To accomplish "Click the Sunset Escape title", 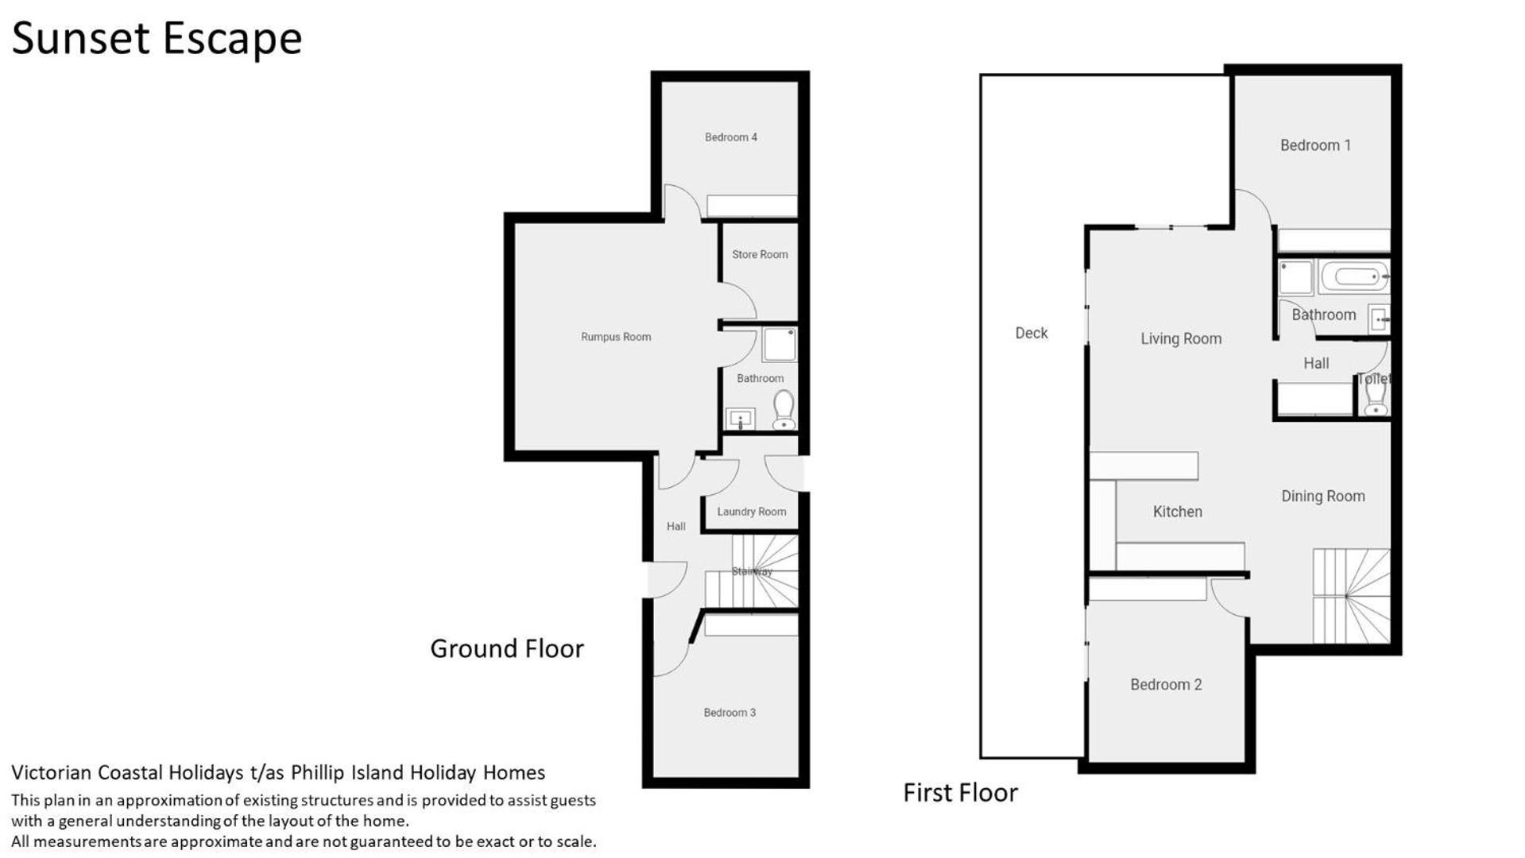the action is tap(157, 38).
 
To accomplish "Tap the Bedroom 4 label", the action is tap(730, 137).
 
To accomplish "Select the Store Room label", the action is tap(760, 254).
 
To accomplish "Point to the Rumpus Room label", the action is tap(616, 337).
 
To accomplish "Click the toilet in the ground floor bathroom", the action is tap(784, 410).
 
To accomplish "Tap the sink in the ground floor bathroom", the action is tap(740, 419).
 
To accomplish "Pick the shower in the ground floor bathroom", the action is tap(779, 345).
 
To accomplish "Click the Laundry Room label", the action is tap(751, 512).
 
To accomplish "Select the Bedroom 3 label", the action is tap(730, 713).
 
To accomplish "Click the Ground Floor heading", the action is tap(507, 649).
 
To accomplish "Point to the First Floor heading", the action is tap(960, 793).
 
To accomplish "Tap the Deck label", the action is tap(1032, 333).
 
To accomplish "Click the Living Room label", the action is tap(1181, 339).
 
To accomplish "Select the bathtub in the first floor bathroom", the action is tap(1354, 276).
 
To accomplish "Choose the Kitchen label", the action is tap(1178, 512).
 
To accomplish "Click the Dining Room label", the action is tap(1323, 497).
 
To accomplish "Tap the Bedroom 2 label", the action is tap(1166, 685).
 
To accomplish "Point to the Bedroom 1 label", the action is tap(1315, 145).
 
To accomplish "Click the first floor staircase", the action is tap(1351, 596).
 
